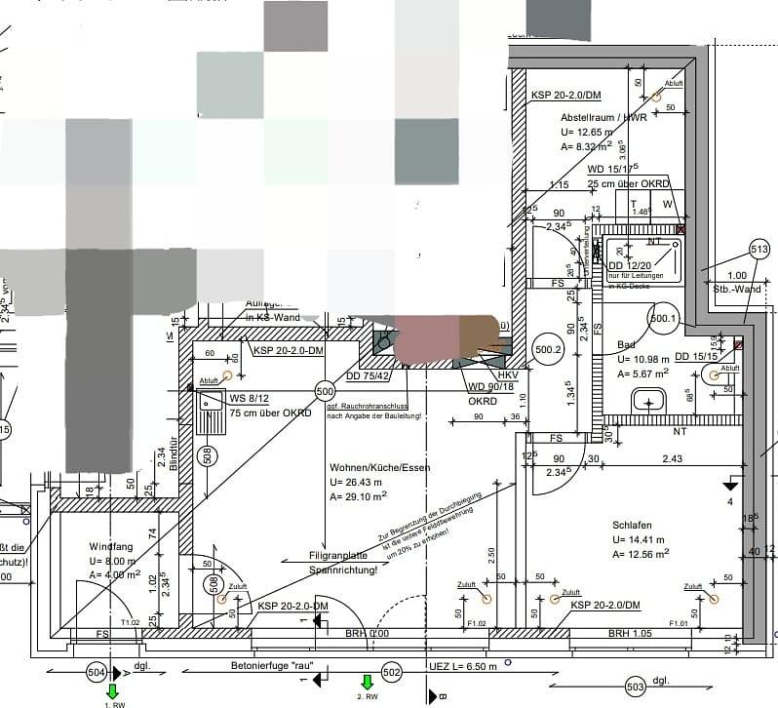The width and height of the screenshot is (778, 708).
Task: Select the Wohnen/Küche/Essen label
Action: click(379, 467)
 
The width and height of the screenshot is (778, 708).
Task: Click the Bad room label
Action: click(628, 344)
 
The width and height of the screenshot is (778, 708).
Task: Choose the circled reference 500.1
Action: click(663, 318)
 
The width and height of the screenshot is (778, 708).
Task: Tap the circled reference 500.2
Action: click(548, 348)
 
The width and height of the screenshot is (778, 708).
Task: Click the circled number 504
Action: click(97, 672)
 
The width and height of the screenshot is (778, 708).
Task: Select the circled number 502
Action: click(392, 672)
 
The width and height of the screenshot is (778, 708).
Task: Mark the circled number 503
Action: click(635, 687)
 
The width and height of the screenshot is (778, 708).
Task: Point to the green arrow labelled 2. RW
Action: click(368, 683)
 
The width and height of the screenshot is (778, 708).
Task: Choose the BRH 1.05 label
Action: click(630, 634)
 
